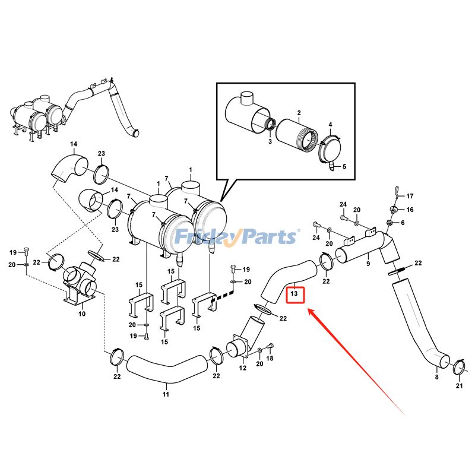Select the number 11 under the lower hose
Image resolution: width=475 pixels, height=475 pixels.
(x=166, y=394)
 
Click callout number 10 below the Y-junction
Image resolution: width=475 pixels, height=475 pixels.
(x=82, y=313)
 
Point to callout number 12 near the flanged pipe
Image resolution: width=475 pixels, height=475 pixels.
(x=242, y=368)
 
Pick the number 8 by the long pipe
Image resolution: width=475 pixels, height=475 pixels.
(x=436, y=376)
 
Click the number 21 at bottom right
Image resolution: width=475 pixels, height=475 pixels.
(x=458, y=387)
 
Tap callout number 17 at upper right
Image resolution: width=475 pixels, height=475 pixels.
(x=410, y=196)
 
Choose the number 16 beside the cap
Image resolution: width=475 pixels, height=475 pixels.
(x=410, y=210)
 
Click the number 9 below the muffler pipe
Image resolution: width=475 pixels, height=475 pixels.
(x=368, y=264)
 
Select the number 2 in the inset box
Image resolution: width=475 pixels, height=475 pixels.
(x=299, y=113)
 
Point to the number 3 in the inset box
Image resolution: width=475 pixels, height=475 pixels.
(x=269, y=141)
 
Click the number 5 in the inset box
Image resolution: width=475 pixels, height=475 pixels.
(x=344, y=167)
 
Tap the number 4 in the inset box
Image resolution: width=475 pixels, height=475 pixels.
(x=330, y=124)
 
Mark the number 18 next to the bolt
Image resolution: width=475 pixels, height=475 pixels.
(x=270, y=359)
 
